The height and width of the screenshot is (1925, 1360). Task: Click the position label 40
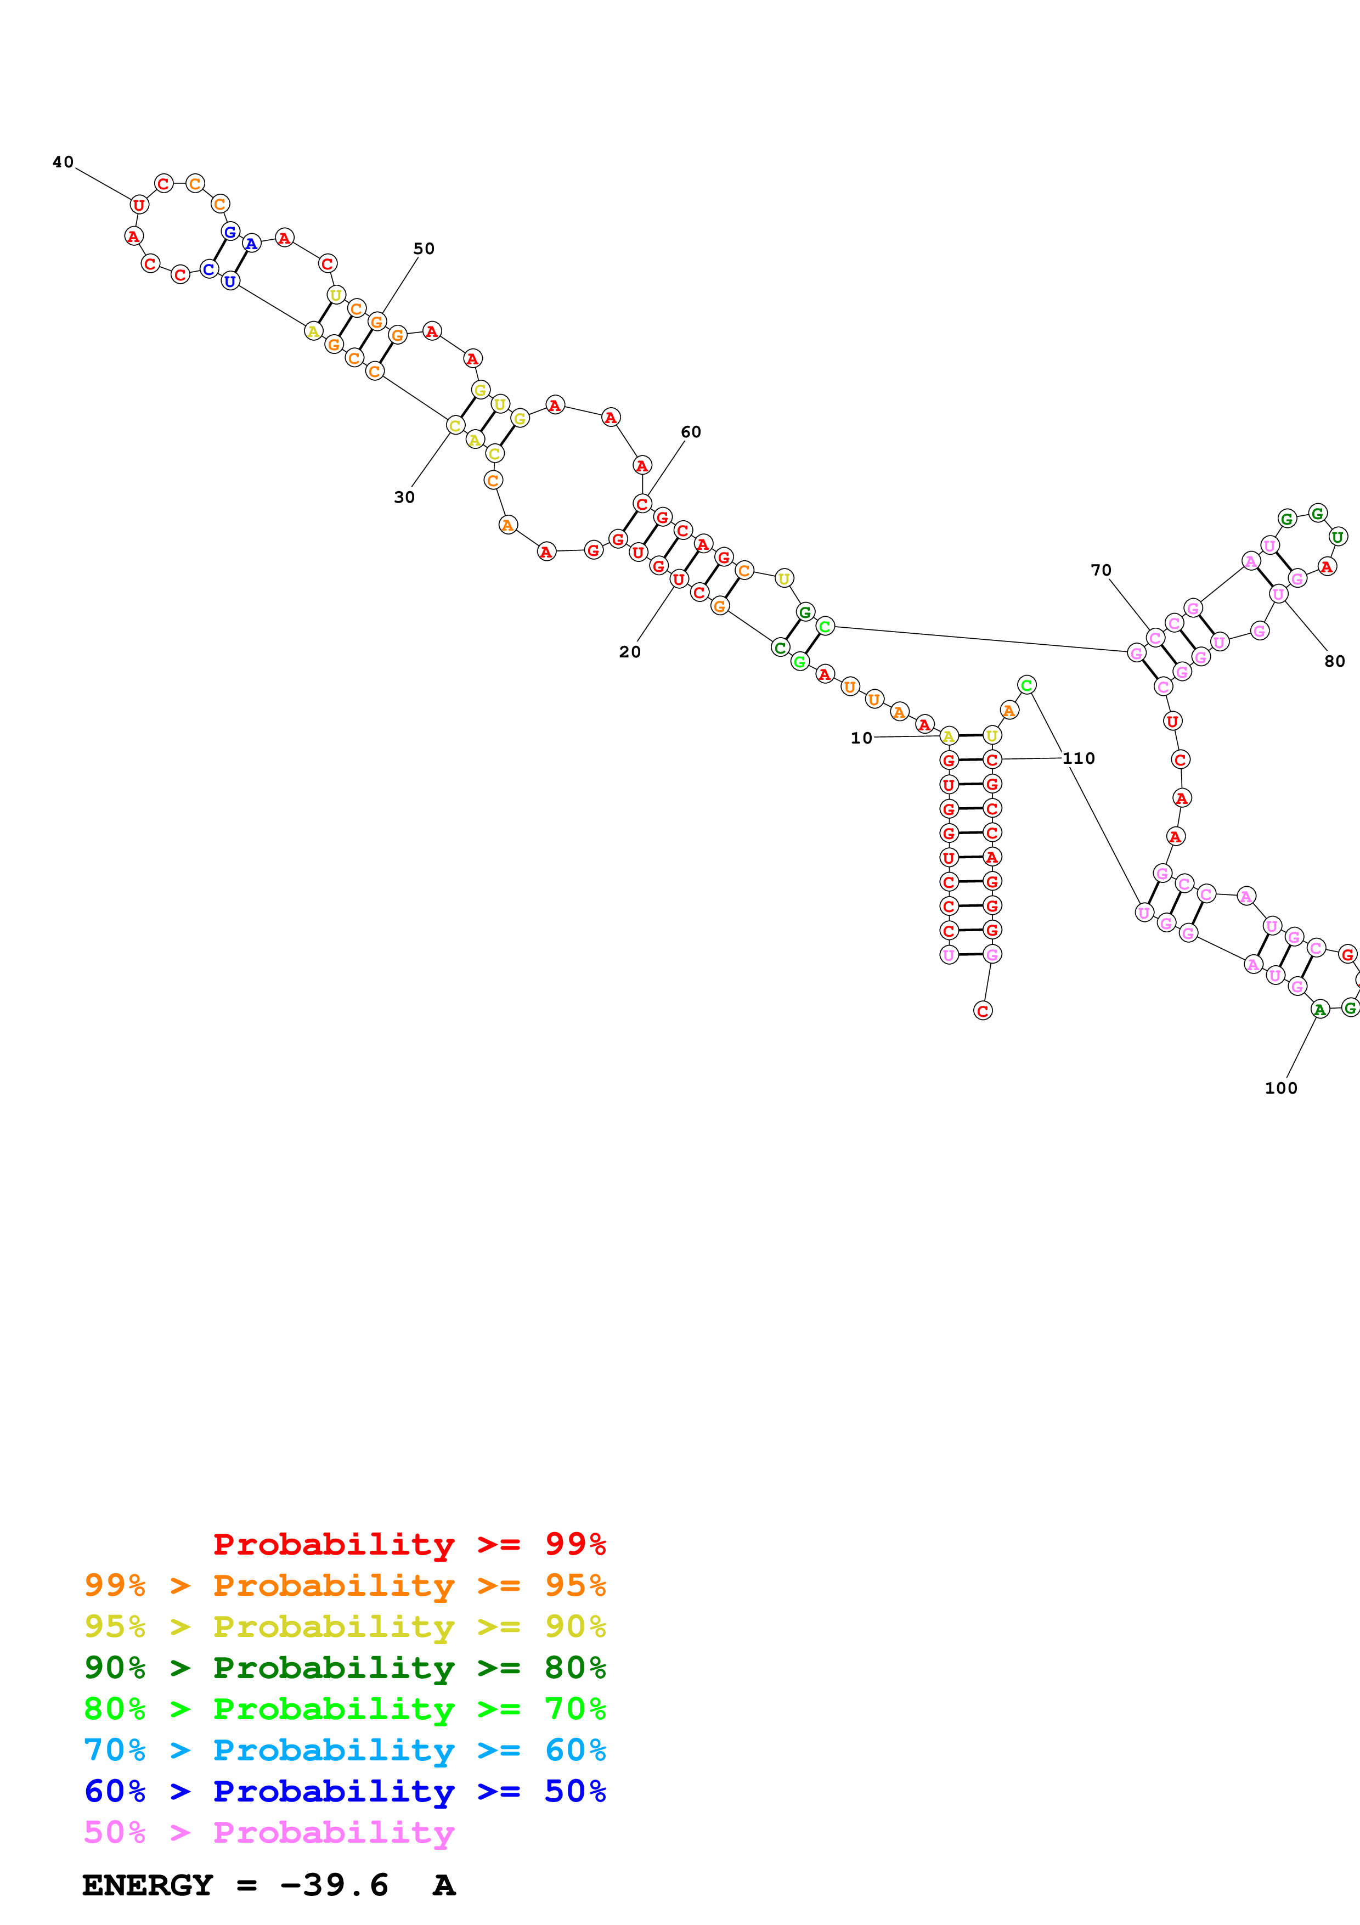[63, 162]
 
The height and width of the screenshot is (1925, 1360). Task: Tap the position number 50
[424, 248]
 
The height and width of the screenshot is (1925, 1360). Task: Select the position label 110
[1079, 758]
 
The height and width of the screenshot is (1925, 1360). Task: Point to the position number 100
[1280, 1088]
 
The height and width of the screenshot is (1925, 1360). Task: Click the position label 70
[1101, 570]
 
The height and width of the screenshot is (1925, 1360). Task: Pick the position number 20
[629, 651]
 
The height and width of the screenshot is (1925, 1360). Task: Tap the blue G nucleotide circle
[230, 232]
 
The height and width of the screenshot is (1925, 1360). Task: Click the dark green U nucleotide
[1338, 537]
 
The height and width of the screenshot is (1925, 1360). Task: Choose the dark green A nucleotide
[1320, 1010]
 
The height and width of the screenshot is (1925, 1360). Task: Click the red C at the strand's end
[983, 1010]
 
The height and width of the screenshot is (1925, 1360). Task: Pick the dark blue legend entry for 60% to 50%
[345, 1792]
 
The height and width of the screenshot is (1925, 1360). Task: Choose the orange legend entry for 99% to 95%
[345, 1585]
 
